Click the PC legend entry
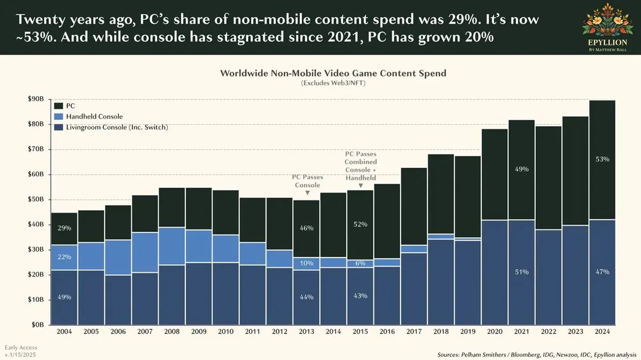[71, 105]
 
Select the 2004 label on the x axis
[65, 332]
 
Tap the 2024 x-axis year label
[602, 332]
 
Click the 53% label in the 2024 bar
[602, 159]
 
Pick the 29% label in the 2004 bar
[65, 228]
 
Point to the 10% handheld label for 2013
[307, 263]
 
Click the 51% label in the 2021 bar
[521, 272]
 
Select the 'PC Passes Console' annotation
[307, 181]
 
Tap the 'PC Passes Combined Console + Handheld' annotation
[361, 165]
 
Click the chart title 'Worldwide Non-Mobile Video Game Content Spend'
[333, 73]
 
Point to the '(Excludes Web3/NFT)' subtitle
[333, 83]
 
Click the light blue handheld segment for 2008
[172, 247]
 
